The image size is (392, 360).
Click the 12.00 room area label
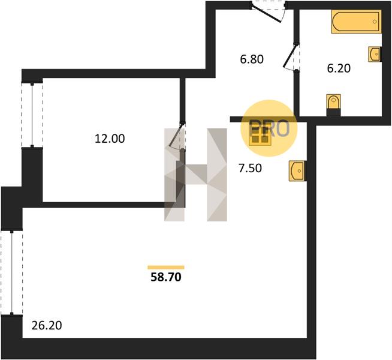coord(109,139)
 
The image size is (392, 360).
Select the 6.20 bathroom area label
coord(339,68)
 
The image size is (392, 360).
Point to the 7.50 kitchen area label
coord(251,169)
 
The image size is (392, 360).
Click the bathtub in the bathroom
coord(356,23)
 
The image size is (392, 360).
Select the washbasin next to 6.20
coord(375,54)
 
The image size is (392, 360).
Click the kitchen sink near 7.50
coord(297,170)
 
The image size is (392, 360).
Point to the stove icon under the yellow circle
coord(260,137)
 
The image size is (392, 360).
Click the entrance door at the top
coord(269,11)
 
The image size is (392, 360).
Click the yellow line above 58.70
coord(165,267)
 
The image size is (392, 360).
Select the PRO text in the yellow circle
coord(269,127)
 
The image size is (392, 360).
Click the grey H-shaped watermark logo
coord(197,175)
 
